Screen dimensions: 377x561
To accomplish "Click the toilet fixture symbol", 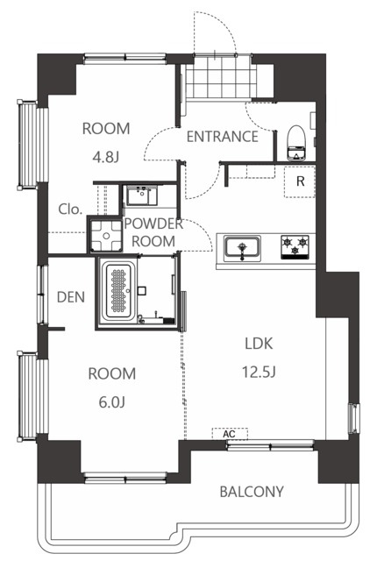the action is (297, 143).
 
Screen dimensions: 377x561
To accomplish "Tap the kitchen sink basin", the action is (242, 248).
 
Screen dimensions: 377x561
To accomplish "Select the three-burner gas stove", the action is (295, 247).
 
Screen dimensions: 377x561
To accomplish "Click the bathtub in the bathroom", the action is (119, 291).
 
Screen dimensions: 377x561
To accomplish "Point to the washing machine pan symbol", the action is (106, 236).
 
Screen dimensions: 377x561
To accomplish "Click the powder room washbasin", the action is (140, 195).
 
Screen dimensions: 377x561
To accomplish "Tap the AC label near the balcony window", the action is (230, 434).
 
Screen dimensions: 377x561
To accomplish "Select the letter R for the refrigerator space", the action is (301, 181).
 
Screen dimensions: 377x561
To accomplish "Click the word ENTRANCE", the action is (223, 137).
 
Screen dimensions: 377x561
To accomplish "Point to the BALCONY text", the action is (252, 492).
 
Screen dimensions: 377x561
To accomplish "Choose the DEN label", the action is (71, 297).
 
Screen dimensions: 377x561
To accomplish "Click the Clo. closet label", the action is (70, 209).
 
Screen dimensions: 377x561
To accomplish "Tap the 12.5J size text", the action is (259, 372).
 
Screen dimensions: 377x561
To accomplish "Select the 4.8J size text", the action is (105, 157).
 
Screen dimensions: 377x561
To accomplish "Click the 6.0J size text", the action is (111, 402).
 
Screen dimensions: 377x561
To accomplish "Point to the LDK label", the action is (259, 344).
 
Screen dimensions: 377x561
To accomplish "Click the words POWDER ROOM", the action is (153, 232).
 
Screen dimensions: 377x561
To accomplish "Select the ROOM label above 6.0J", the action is (112, 373).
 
